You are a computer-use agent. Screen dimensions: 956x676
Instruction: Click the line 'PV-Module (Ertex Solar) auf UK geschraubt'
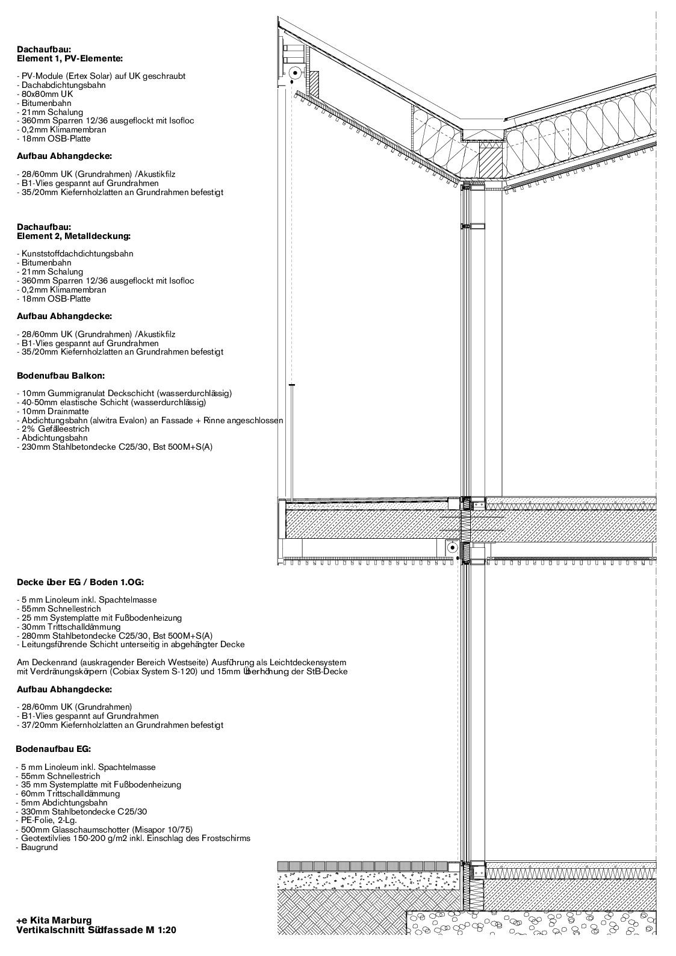102,76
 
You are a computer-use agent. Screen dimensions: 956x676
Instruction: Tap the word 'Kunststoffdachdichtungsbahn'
76,254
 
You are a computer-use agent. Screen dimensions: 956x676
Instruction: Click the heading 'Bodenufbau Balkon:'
61,376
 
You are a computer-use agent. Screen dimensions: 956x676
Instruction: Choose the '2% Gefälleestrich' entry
54,429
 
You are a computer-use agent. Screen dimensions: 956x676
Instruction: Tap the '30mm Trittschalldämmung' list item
70,627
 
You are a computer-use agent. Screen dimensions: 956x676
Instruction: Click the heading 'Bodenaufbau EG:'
54,750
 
